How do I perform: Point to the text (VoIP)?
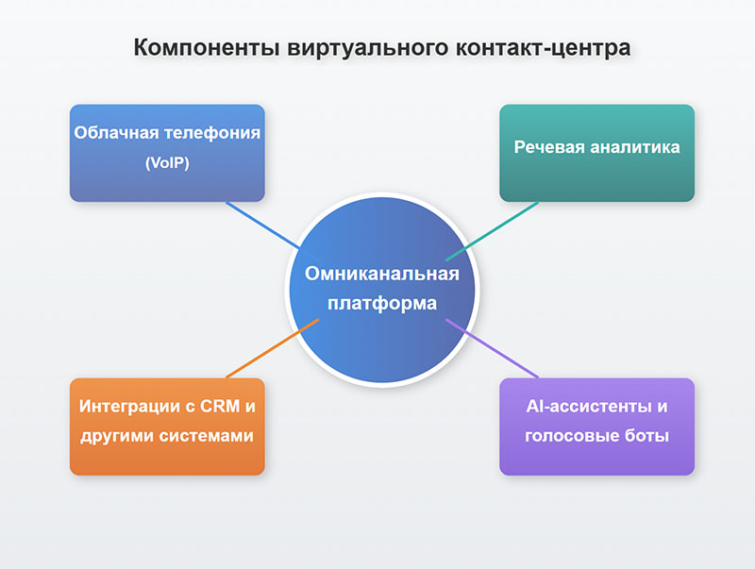coord(167,162)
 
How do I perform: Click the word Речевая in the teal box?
coord(548,147)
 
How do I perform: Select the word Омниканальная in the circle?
coord(382,274)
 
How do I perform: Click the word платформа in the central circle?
coord(382,304)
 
